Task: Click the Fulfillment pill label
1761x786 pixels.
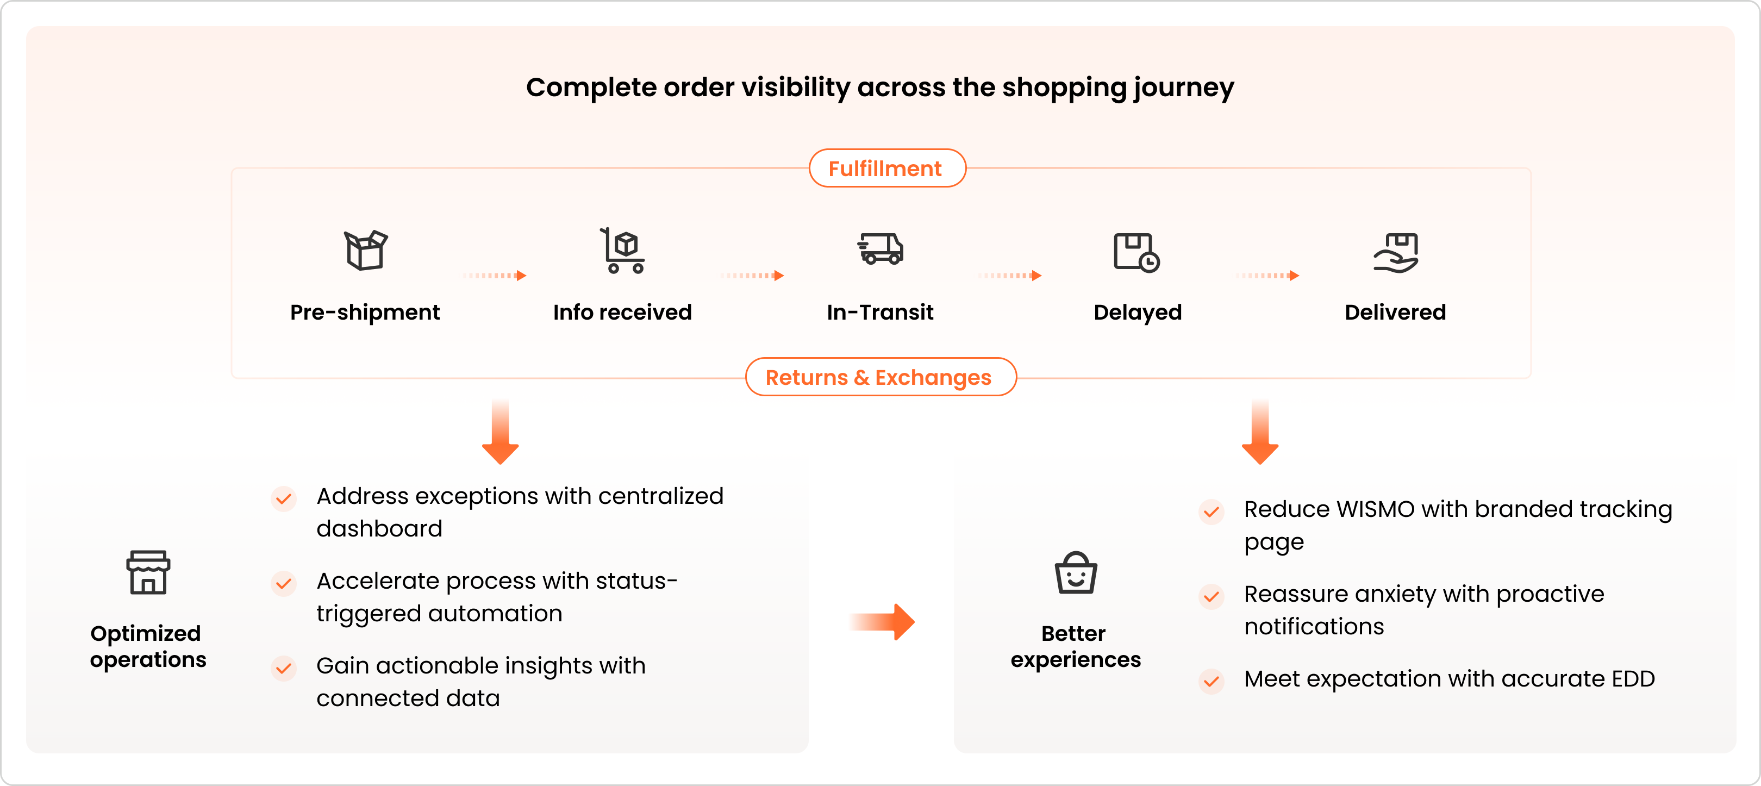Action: pos(886,168)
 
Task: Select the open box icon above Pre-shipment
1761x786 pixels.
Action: pos(365,250)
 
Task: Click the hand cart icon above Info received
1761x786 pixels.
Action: pos(622,251)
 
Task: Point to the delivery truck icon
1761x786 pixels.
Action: pos(880,249)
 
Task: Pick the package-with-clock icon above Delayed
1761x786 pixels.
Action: pos(1136,252)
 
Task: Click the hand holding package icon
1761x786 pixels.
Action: pos(1396,252)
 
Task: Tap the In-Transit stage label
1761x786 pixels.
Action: pos(880,313)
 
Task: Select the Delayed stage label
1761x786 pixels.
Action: pos(1138,313)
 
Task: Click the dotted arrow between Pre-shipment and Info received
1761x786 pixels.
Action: pos(494,276)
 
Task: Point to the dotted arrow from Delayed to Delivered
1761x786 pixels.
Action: pos(1267,276)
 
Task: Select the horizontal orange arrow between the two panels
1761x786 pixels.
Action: pos(883,621)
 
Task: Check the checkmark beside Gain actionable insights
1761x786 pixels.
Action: pos(284,668)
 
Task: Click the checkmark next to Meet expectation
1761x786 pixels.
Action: pos(1212,681)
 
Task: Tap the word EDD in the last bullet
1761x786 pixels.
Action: pos(1633,679)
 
